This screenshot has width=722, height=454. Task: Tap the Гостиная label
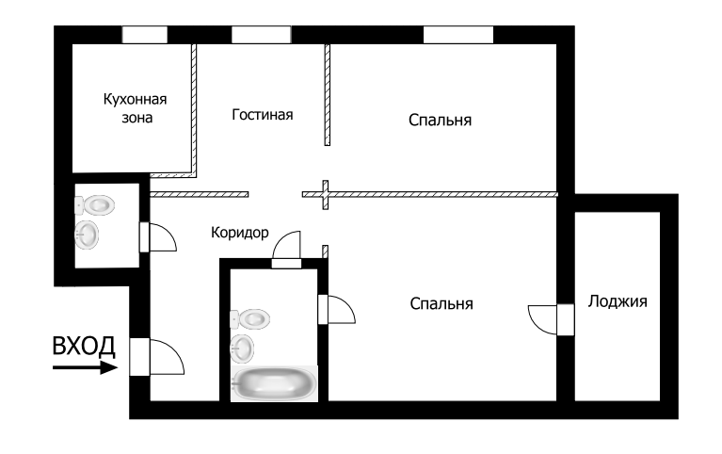click(263, 115)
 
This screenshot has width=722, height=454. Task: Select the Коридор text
click(240, 232)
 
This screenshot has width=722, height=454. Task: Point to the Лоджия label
click(618, 301)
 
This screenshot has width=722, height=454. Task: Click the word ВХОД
click(84, 346)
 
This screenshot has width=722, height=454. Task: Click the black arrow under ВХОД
click(85, 367)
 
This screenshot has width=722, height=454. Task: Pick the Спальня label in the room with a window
click(440, 120)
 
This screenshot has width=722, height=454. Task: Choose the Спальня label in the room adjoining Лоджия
click(441, 303)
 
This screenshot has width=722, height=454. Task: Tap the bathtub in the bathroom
click(274, 384)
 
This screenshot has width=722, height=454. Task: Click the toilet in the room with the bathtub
click(249, 319)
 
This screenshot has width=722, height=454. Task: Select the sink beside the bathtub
click(244, 349)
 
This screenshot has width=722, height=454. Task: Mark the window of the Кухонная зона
click(145, 35)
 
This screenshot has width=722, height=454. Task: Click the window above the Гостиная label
click(261, 35)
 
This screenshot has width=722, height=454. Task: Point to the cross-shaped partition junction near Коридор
click(325, 194)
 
